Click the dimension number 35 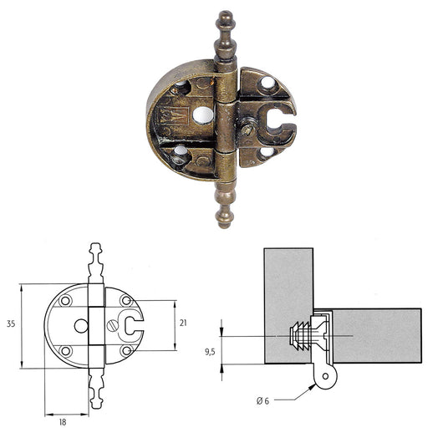coord(10,323)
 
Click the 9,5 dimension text coord(210,351)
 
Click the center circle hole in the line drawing coord(81,325)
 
